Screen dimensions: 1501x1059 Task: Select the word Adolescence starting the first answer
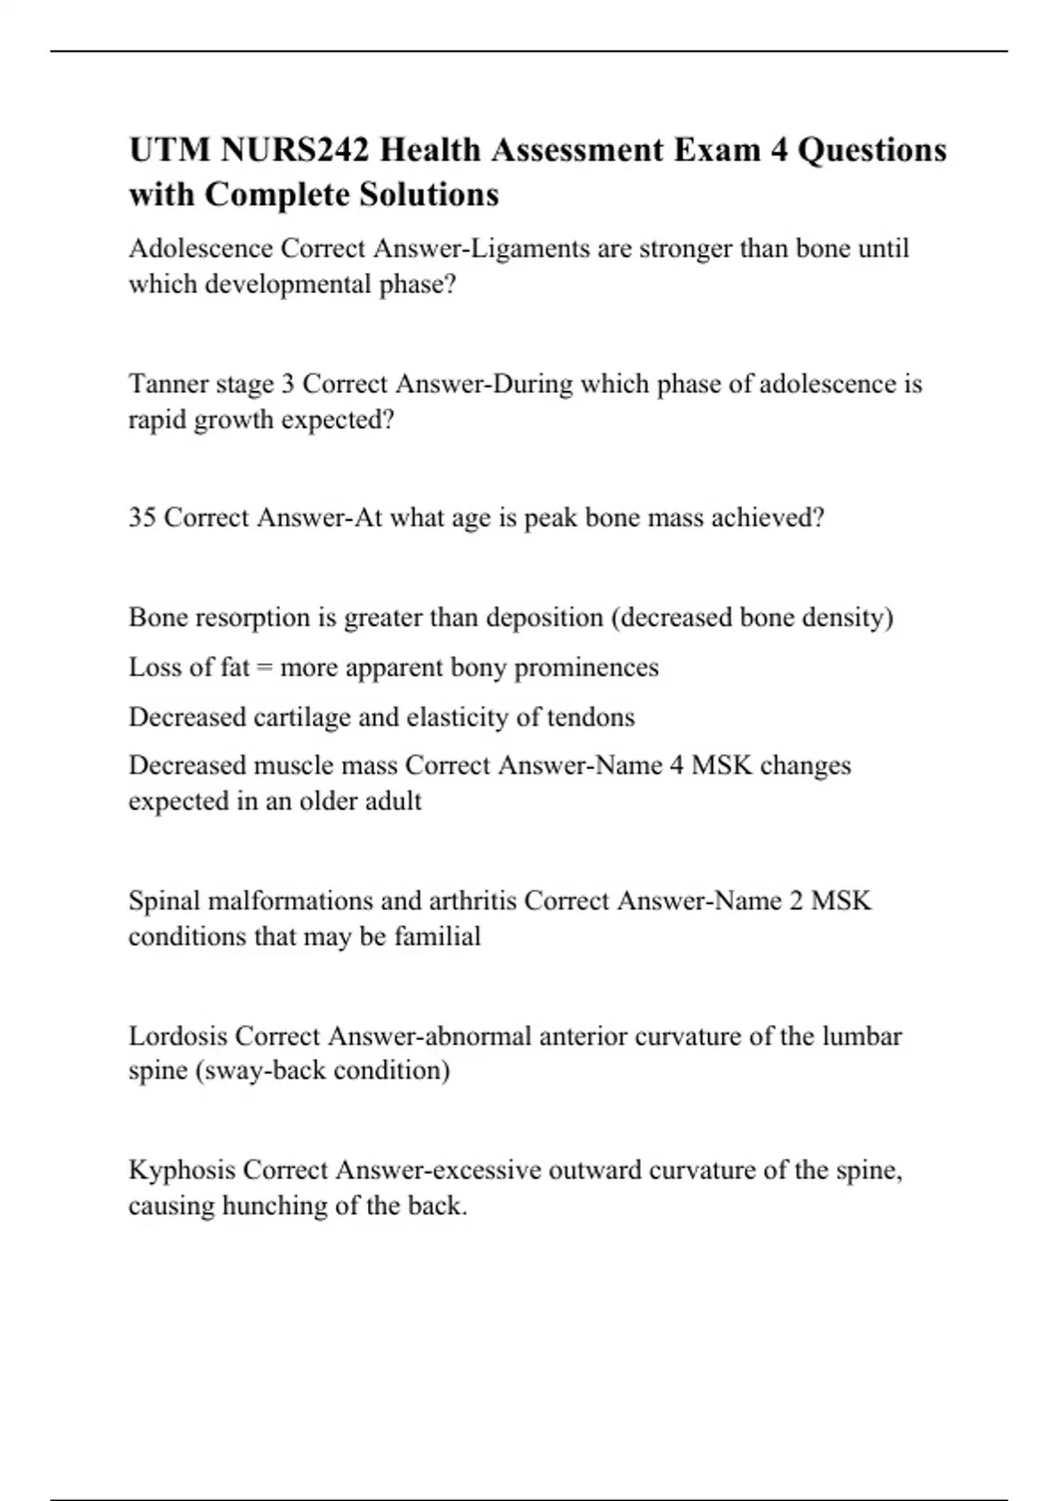point(200,249)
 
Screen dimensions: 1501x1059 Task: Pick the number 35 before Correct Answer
point(142,517)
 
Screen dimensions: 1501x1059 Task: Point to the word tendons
point(590,717)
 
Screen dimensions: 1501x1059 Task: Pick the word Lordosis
point(178,1036)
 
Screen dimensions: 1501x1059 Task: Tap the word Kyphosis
point(181,1171)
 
